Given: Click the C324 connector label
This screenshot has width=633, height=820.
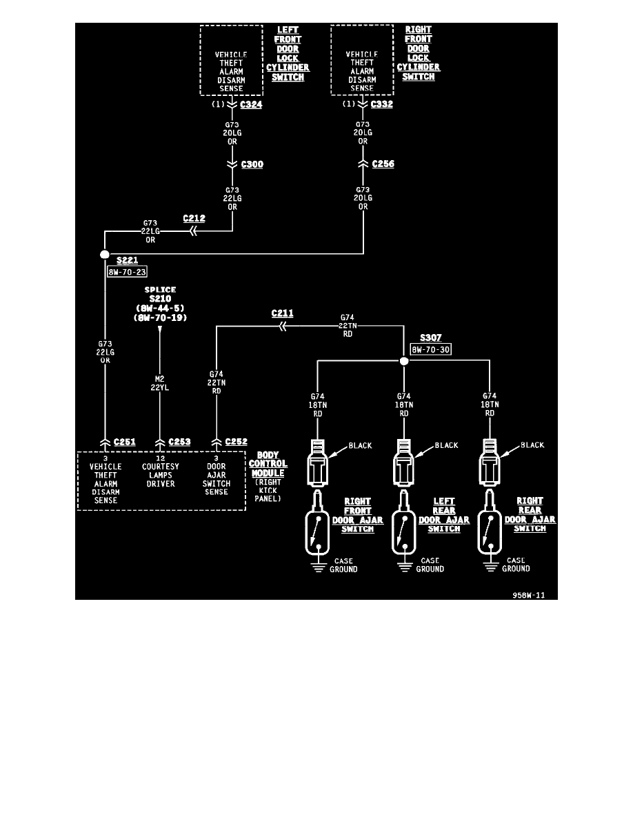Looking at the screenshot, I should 251,105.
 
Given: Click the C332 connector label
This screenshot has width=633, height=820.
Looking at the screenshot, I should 382,105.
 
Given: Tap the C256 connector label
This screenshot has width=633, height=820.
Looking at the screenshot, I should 383,164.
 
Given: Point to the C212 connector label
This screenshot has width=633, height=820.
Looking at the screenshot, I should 194,219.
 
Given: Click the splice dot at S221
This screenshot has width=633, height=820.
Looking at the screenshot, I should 105,255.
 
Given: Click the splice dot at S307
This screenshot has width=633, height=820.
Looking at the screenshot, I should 404,360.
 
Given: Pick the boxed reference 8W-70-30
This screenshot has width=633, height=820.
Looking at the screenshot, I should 430,350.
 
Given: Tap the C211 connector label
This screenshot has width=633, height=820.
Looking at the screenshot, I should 283,313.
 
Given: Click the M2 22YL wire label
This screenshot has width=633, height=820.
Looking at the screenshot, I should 160,383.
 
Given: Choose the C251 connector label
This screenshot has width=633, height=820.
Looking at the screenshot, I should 125,442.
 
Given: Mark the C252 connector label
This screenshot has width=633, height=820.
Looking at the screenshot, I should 237,442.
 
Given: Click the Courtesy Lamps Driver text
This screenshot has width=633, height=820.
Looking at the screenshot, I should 160,475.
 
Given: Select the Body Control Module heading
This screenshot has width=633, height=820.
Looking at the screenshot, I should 272,464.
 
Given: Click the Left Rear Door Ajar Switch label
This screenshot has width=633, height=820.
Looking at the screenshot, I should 444,515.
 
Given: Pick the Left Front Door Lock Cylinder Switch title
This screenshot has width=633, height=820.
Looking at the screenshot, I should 288,54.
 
